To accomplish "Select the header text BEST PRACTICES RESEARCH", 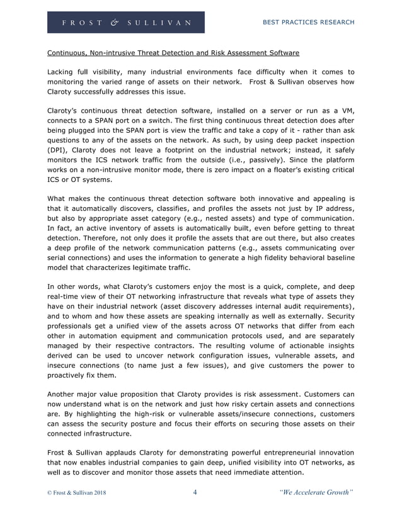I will click(x=307, y=22).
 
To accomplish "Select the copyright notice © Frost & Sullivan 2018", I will click(x=77, y=493).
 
